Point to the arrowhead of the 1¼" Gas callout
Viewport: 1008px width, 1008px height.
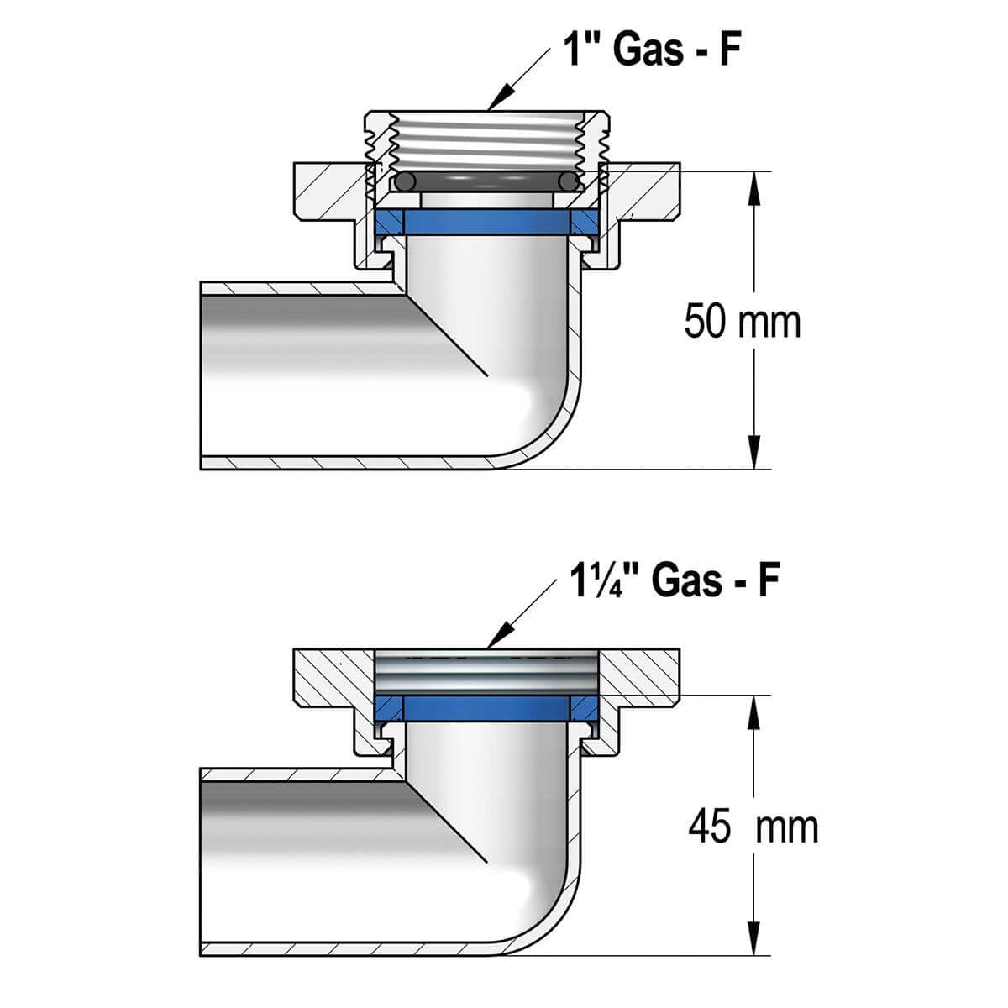tap(496, 642)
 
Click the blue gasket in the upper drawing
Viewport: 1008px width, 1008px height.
tap(487, 221)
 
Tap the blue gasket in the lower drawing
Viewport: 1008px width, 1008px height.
tap(487, 707)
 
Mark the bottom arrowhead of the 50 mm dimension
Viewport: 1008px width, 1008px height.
tap(754, 457)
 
